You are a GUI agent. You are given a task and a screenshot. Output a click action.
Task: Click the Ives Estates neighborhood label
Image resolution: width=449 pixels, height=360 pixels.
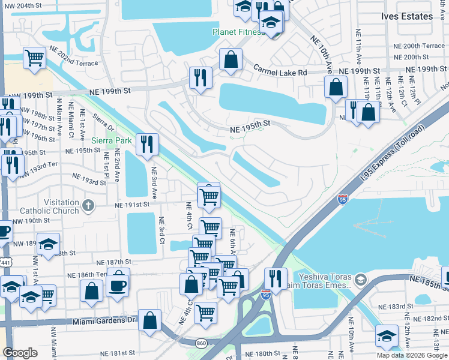click(406, 16)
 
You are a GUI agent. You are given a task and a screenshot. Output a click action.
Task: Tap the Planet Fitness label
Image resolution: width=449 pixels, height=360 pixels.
click(237, 32)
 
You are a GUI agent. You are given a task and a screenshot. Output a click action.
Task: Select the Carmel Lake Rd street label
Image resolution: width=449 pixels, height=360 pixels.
click(279, 71)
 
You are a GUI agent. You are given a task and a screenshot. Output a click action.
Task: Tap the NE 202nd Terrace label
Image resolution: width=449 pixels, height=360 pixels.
click(75, 62)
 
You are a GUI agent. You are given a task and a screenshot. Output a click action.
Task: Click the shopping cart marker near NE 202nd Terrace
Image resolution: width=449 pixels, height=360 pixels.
click(35, 58)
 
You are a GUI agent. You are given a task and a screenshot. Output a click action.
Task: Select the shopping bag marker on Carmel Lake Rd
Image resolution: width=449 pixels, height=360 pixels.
click(231, 59)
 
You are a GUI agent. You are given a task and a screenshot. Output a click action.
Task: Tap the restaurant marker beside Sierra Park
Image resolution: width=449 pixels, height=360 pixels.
click(146, 143)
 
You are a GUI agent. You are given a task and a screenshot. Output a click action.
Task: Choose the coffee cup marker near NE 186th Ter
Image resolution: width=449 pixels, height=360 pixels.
click(118, 284)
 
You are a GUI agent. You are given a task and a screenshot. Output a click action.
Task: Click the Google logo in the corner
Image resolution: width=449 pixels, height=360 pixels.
click(20, 353)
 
